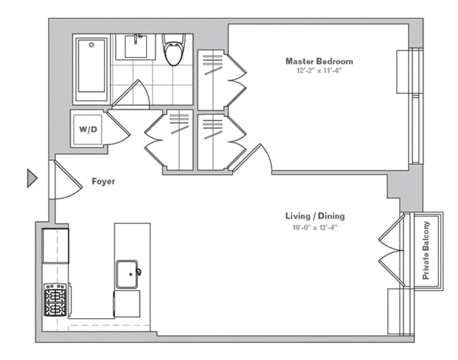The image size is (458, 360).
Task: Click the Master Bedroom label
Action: pos(319,61)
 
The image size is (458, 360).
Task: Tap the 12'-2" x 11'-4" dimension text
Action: pos(319,71)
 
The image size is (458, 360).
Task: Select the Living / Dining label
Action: pos(315,216)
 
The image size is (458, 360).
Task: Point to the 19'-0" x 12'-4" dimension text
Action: pos(315,227)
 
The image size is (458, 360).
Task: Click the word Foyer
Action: pos(103,182)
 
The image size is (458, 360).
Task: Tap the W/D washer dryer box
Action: pos(88,129)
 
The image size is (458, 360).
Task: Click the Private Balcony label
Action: pos(426,250)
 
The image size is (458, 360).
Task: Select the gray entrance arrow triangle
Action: pos(32,178)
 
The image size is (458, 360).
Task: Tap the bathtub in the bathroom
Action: pos(91,70)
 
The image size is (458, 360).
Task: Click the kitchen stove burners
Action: pos(56,299)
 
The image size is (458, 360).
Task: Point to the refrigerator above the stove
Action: pos(55,246)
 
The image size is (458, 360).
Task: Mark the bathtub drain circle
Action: pos(91,45)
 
